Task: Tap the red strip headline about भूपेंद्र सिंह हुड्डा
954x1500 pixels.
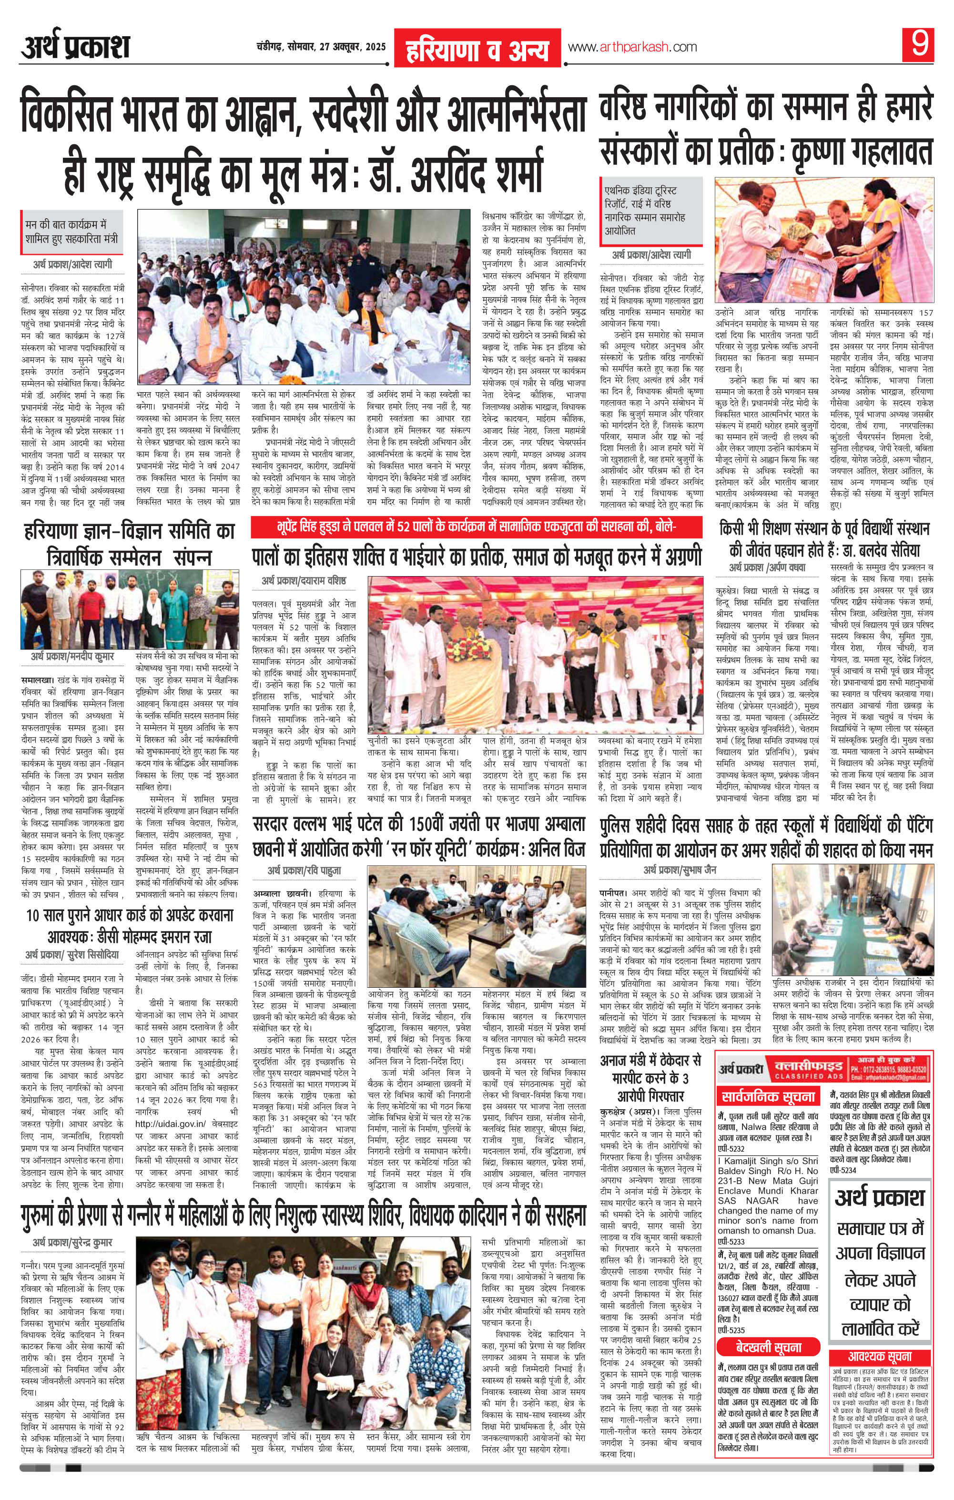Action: (477, 529)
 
